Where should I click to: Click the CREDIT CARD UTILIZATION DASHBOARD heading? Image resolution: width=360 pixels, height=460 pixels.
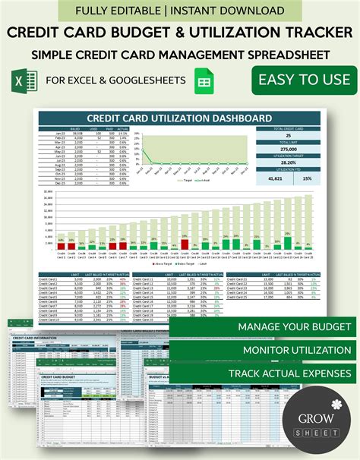point(180,118)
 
